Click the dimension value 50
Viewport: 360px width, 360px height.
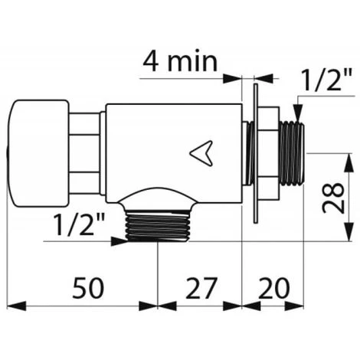point(88,288)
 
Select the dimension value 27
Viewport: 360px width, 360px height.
point(201,288)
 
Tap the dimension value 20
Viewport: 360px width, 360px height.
point(274,288)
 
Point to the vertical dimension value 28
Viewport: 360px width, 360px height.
point(333,197)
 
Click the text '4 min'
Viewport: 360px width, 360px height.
point(180,62)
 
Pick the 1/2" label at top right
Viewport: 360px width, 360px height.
point(326,80)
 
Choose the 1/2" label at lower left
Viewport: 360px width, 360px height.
point(80,224)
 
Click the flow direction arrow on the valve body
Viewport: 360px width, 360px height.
point(201,153)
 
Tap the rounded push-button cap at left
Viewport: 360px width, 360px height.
point(38,153)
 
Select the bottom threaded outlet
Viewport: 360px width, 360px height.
point(158,226)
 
